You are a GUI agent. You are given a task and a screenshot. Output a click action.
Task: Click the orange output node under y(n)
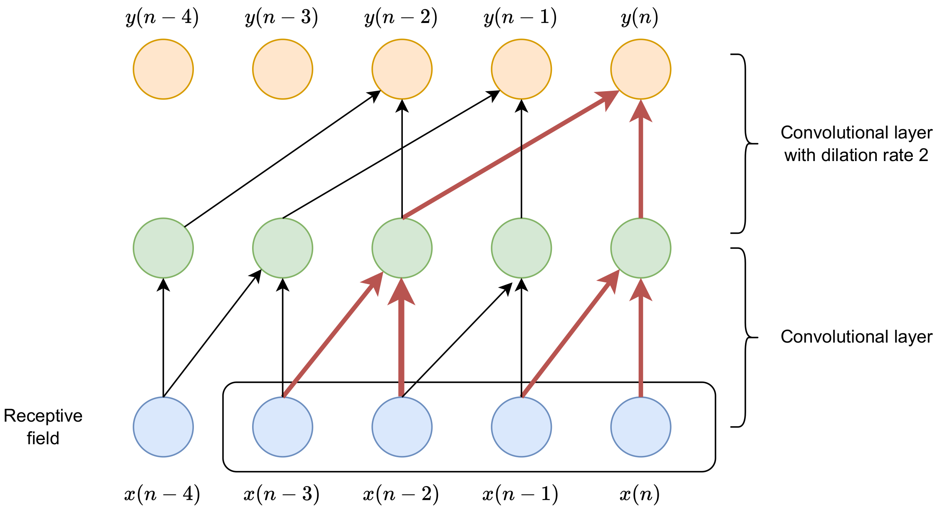tap(640, 69)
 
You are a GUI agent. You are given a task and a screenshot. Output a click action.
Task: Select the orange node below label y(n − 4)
tap(163, 69)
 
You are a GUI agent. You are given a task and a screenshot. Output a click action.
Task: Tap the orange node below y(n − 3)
tap(282, 69)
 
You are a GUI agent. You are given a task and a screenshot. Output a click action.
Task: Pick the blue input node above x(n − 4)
tap(163, 427)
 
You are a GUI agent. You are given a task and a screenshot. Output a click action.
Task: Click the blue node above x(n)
tap(640, 427)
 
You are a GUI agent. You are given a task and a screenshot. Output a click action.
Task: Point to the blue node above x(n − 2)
tap(402, 427)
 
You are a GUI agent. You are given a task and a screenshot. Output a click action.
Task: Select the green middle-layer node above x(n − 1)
tap(521, 248)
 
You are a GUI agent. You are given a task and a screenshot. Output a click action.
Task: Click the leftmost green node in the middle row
tap(163, 248)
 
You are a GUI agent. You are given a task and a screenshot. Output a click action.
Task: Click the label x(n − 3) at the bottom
tap(281, 494)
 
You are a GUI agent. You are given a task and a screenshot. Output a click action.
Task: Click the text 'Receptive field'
tap(43, 427)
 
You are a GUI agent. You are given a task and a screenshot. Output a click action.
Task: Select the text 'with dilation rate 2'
tap(856, 155)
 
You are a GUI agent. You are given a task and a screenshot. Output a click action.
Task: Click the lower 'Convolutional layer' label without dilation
tap(856, 337)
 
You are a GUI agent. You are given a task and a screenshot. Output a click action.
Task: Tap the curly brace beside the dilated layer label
tap(745, 143)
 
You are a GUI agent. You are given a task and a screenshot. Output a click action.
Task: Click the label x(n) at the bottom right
tap(639, 494)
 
